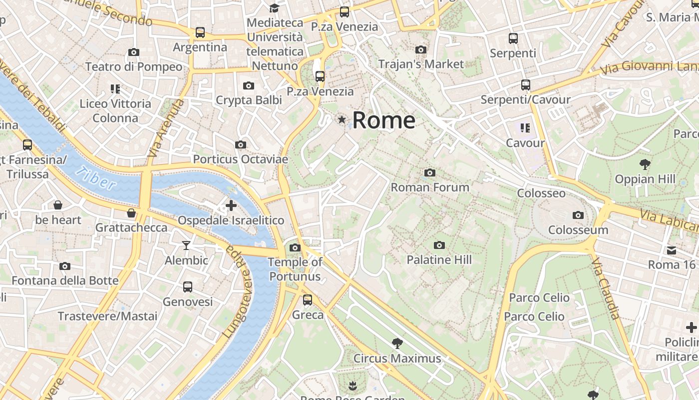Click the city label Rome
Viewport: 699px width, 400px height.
[x=383, y=120]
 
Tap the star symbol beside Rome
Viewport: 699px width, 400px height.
[x=342, y=119]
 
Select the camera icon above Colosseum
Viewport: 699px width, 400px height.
[x=578, y=215]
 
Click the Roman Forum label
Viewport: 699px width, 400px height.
[x=430, y=187]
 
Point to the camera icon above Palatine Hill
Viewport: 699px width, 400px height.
[x=439, y=245]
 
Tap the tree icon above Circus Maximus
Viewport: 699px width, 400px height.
[x=397, y=343]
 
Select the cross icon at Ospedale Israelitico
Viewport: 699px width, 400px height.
[x=231, y=205]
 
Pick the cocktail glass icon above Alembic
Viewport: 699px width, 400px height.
[x=186, y=245]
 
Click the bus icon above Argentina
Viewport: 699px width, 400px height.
[x=200, y=32]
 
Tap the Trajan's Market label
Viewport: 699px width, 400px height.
[x=421, y=64]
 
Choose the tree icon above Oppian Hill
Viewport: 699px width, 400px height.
[x=645, y=164]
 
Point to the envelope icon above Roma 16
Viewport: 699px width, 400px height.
[x=672, y=250]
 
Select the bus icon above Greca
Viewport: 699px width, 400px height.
[x=308, y=300]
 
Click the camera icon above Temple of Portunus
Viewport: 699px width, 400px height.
[x=295, y=247]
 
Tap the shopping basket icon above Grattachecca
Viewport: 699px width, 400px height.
[x=131, y=213]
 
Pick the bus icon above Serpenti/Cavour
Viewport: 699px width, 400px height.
[x=526, y=85]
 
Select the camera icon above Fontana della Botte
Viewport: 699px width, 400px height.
[x=65, y=266]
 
